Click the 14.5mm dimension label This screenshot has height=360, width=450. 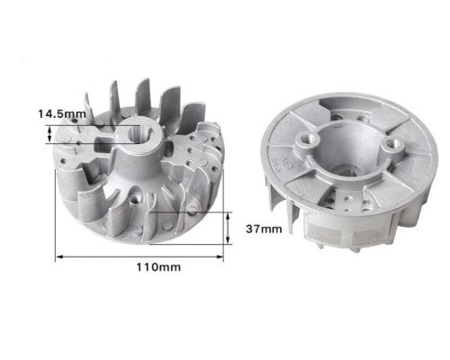pos(62,114)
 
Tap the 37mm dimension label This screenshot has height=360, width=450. pos(264,229)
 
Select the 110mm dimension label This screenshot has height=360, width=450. pos(158,267)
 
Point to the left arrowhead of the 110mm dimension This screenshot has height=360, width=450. pos(59,256)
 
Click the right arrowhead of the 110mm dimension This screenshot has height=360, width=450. pos(220,256)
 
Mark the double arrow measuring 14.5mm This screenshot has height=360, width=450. pos(49,134)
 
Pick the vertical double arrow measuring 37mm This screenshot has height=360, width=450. pos(228,228)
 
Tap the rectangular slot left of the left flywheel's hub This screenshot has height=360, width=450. pos(104,144)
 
